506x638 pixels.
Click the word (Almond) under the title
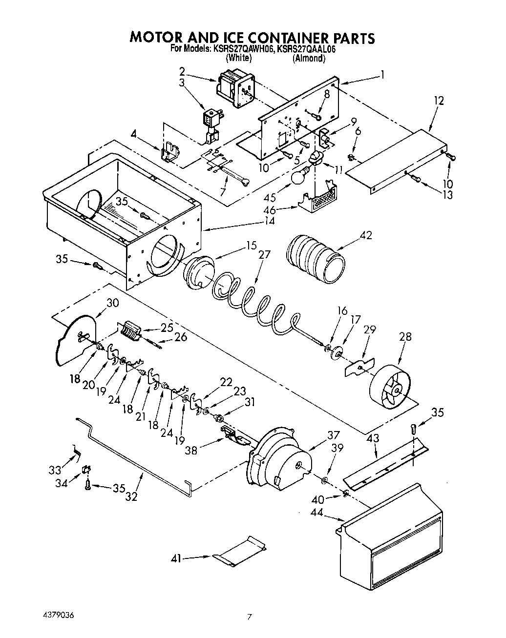click(309, 58)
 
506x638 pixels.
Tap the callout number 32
click(131, 497)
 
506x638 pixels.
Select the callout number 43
click(372, 439)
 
